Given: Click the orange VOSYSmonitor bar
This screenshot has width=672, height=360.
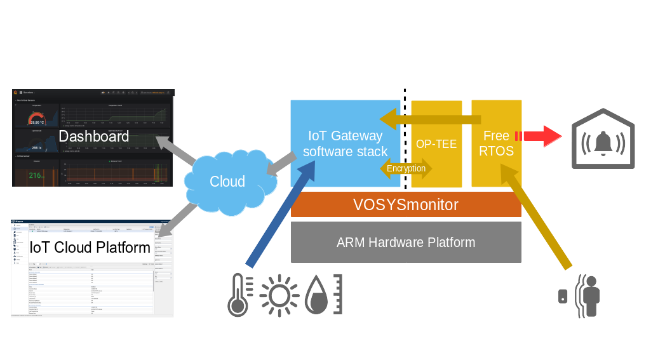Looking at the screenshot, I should click(x=406, y=205).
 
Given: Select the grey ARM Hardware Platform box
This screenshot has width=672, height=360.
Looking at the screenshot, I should click(x=406, y=242).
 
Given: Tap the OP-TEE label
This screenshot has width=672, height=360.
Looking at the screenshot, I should click(x=436, y=144).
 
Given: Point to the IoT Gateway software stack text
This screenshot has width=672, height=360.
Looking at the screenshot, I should click(x=345, y=143).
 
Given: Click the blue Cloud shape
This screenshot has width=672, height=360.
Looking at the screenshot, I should click(x=227, y=182).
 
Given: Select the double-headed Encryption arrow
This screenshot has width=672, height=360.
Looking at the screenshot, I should click(x=407, y=168).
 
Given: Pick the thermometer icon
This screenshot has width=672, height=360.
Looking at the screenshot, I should click(x=239, y=296).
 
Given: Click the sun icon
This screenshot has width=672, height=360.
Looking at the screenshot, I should click(x=279, y=296).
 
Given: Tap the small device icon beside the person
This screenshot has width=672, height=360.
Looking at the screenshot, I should click(x=563, y=296).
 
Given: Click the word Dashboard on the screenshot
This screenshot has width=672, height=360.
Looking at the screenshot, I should click(x=93, y=137).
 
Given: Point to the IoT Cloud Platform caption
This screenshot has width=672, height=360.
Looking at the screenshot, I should click(x=91, y=247).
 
